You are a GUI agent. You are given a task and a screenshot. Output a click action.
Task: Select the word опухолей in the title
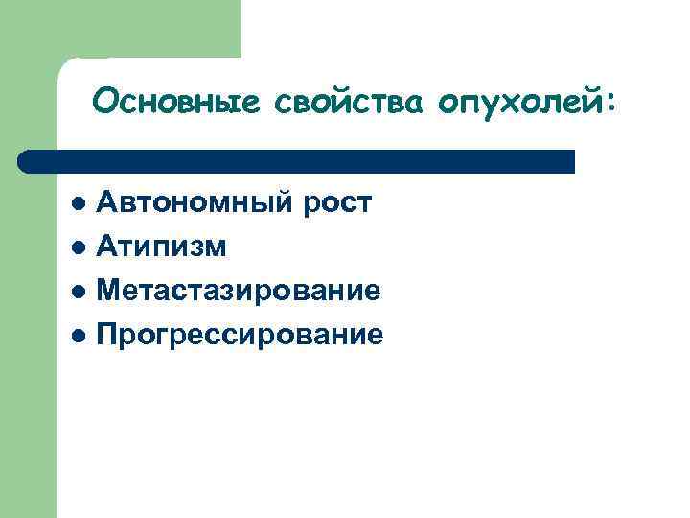point(518,100)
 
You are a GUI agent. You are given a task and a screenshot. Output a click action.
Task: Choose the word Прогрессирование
point(240,334)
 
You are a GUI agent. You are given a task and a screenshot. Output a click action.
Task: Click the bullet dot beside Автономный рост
point(80,204)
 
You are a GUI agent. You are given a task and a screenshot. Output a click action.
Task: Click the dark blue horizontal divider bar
point(297,161)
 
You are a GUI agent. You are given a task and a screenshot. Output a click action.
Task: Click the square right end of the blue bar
point(571,161)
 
